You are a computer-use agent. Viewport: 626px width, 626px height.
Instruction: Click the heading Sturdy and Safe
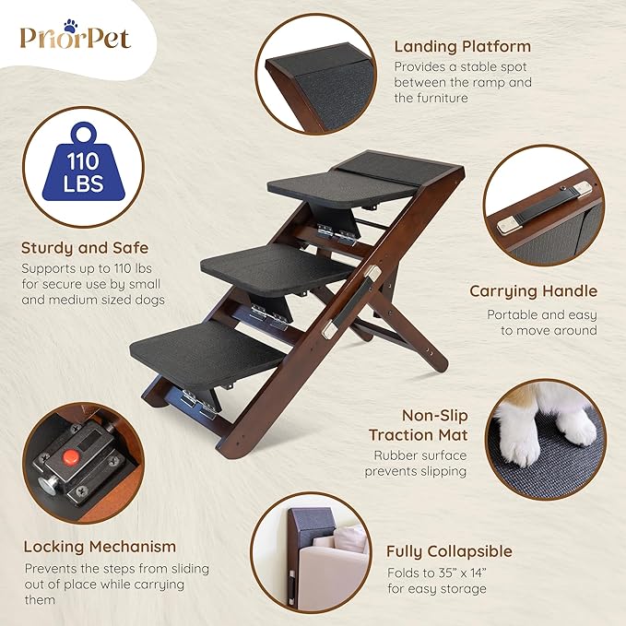[85, 248]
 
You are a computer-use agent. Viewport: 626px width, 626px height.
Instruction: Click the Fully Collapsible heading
[450, 551]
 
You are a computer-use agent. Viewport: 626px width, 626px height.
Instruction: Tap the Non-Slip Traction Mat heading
[418, 424]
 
